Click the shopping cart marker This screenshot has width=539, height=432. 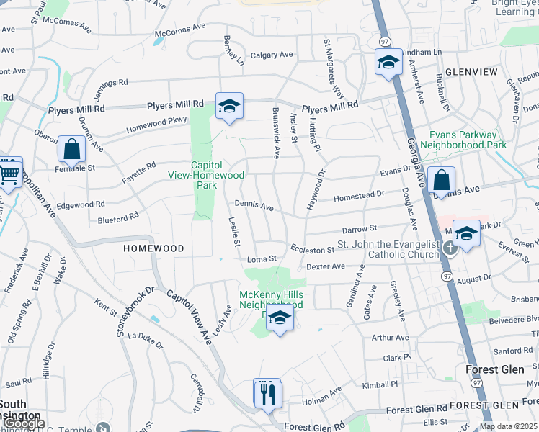[x=9, y=172]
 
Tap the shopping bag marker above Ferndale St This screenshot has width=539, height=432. [x=71, y=149]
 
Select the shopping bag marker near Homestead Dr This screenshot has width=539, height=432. [x=441, y=181]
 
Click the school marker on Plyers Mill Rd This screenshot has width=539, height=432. [x=229, y=107]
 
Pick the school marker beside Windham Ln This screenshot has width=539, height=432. [x=388, y=63]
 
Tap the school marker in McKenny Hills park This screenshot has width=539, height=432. [x=280, y=318]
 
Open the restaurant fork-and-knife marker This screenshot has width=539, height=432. [x=267, y=393]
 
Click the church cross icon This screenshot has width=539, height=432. [x=450, y=248]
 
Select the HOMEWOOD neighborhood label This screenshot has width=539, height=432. [x=153, y=248]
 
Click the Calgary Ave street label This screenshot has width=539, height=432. [x=272, y=55]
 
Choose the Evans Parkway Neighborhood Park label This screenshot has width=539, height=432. [x=463, y=140]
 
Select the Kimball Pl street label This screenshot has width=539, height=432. [x=379, y=384]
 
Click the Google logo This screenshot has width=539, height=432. [x=23, y=424]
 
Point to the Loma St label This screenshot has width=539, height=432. [x=262, y=258]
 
